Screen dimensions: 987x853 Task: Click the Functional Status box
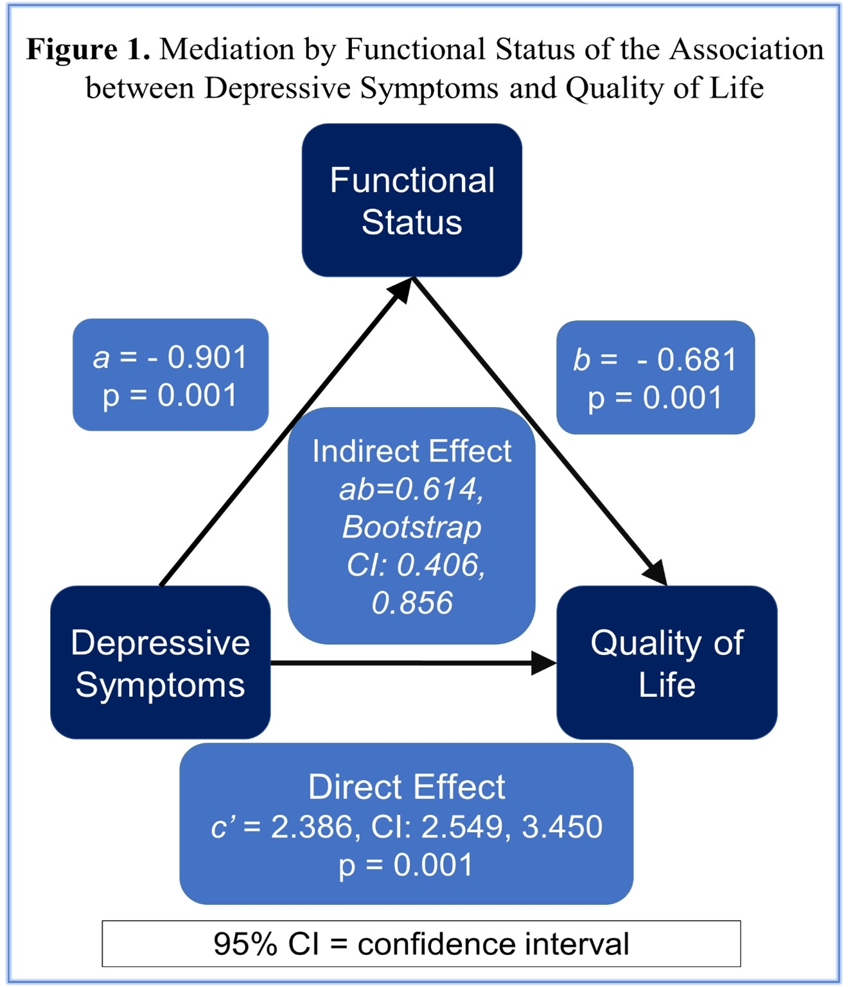point(412,200)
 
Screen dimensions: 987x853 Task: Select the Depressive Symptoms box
point(160,663)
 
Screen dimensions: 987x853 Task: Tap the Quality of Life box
point(667,663)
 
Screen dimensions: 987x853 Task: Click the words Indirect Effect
point(412,451)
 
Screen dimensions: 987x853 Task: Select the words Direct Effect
point(407,787)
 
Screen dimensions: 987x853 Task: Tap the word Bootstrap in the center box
point(412,527)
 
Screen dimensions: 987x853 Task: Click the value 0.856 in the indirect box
point(412,603)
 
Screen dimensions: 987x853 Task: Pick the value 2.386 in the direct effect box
point(312,826)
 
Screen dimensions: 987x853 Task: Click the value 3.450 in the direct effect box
point(562,826)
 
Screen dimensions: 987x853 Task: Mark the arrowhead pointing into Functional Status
point(402,288)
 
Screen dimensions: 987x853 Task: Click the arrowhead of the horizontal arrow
point(544,663)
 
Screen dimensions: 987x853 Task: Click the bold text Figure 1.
point(88,49)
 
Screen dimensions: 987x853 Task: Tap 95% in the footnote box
point(245,944)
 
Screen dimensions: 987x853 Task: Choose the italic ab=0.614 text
point(410,489)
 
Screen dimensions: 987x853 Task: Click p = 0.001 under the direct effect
point(406,865)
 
